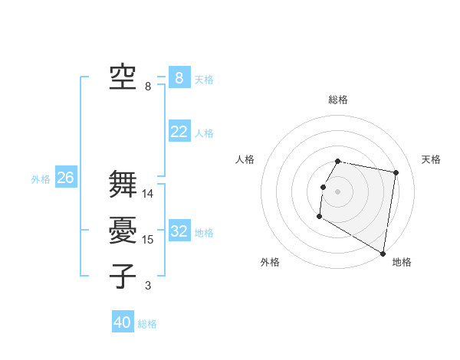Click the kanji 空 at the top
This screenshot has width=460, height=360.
click(x=123, y=77)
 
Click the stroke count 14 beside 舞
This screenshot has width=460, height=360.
click(x=148, y=194)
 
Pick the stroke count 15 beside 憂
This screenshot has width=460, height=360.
click(x=148, y=240)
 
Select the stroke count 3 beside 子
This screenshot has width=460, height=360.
click(x=148, y=286)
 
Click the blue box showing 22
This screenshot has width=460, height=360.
click(x=179, y=132)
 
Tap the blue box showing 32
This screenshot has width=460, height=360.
click(x=179, y=231)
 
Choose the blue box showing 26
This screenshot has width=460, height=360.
click(x=65, y=178)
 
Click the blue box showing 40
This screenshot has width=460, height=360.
click(x=123, y=322)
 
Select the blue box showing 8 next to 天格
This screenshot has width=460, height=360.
click(x=179, y=77)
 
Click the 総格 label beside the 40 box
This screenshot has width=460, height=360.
click(x=147, y=324)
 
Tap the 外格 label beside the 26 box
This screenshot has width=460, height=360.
click(x=41, y=179)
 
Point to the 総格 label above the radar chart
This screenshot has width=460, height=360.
click(x=338, y=100)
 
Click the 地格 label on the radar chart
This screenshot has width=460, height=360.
click(x=402, y=262)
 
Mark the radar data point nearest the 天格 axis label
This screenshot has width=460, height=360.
click(x=396, y=173)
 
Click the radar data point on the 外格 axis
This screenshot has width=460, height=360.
click(x=319, y=218)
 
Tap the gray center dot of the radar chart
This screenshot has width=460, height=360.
click(x=338, y=191)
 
